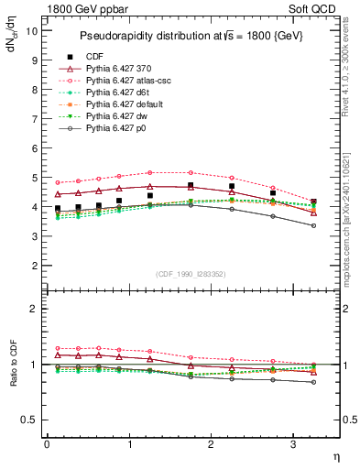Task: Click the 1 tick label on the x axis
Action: [129, 444]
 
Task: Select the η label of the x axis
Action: [334, 456]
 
